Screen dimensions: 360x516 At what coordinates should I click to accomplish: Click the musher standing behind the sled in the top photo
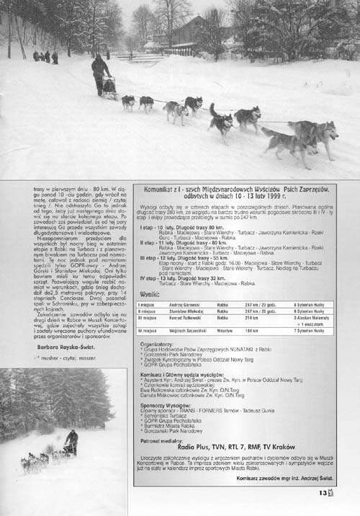[x=100, y=74]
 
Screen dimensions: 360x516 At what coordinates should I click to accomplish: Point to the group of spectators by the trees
[x=45, y=56]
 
